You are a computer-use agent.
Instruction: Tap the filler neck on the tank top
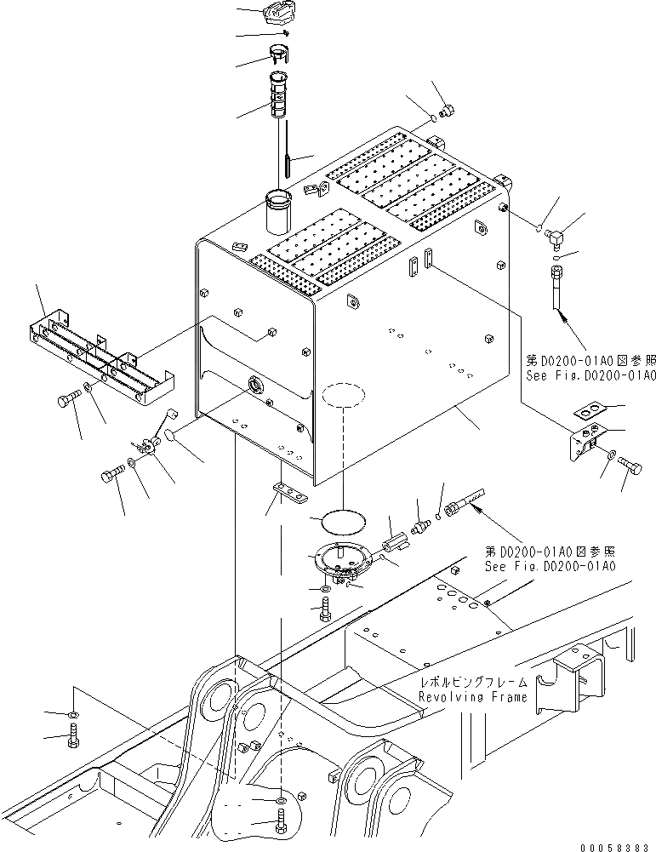coord(278,212)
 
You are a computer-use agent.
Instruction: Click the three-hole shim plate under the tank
coord(290,491)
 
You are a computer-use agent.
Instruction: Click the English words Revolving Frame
coord(472,697)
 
